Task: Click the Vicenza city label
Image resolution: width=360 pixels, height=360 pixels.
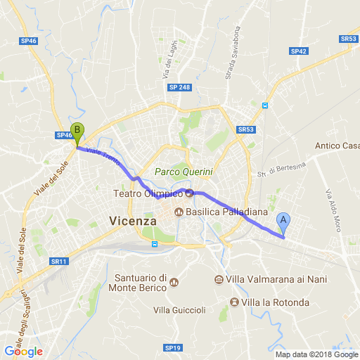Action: click(133, 221)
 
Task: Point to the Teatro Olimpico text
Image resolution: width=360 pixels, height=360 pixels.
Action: click(148, 193)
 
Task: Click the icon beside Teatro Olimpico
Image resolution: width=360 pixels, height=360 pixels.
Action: click(189, 193)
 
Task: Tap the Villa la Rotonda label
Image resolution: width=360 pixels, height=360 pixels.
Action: click(275, 302)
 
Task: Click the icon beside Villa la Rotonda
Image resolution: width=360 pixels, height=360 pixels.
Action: click(233, 302)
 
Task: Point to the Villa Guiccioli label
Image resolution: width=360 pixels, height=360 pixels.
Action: click(179, 310)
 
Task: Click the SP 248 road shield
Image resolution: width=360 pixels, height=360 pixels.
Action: click(179, 87)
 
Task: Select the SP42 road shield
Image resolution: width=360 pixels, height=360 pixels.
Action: click(299, 51)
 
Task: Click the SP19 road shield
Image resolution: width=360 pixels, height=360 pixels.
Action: click(173, 347)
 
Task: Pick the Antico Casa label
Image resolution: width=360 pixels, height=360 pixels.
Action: click(337, 146)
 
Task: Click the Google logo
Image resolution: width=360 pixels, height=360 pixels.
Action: click(23, 352)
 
